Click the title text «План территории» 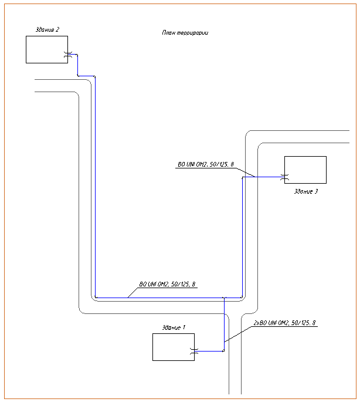(185, 33)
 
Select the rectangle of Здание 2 (46, 49)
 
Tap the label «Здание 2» (47, 29)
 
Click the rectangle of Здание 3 (305, 170)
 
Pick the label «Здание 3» (305, 191)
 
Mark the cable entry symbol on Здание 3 (284, 177)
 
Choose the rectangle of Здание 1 (173, 347)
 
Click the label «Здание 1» (174, 327)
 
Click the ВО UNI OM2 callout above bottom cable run (167, 285)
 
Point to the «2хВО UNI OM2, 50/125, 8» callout (284, 323)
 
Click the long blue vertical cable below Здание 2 (95, 188)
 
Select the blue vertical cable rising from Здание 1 (224, 323)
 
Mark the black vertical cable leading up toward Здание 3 (242, 235)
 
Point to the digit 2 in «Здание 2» (57, 29)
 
